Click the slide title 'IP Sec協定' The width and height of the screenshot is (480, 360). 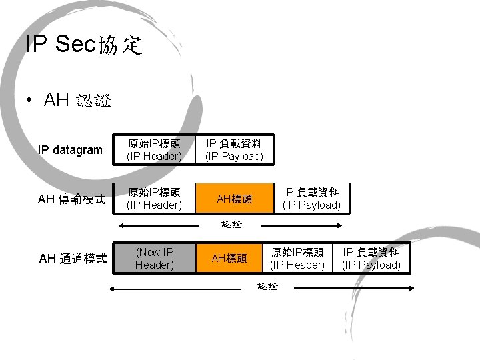tap(84, 45)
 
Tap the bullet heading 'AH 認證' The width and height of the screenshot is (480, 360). tap(77, 101)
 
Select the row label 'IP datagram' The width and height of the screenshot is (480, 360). tap(70, 150)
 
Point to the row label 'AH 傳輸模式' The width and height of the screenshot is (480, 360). tap(72, 198)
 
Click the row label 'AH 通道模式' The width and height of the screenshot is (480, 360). tap(73, 259)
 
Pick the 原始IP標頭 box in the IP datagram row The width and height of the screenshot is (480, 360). tap(155, 150)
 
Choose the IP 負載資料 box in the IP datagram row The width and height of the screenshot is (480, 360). tap(234, 150)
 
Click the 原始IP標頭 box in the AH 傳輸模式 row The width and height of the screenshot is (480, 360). tap(155, 198)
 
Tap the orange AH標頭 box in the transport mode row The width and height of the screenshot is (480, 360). tap(235, 198)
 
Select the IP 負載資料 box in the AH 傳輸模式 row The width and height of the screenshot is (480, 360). tap(311, 198)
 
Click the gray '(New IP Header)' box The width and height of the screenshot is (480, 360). tap(155, 258)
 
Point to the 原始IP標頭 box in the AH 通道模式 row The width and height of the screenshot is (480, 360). tap(297, 258)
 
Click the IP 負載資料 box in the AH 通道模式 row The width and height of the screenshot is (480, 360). tap(371, 258)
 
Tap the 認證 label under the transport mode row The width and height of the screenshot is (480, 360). tap(231, 225)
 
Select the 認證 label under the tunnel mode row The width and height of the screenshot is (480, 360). tap(267, 287)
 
